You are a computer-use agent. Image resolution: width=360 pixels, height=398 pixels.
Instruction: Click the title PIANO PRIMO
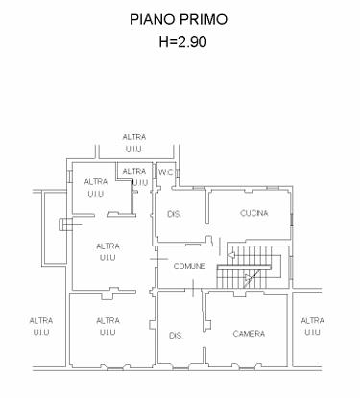[179, 19]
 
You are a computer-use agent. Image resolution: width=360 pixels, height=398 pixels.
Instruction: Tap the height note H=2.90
[182, 41]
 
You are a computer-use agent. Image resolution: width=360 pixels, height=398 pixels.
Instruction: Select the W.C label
[166, 172]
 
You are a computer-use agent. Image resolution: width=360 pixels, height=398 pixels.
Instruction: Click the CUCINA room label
[254, 213]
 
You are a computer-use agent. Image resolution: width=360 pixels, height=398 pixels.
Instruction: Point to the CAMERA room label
[249, 334]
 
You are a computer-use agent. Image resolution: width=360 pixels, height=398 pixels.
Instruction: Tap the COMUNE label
[189, 266]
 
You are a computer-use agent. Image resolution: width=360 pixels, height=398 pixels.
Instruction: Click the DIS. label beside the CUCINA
[174, 214]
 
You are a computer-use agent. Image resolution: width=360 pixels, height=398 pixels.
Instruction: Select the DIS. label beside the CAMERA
[176, 336]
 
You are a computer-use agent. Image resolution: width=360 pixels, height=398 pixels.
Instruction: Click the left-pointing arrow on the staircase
[231, 255]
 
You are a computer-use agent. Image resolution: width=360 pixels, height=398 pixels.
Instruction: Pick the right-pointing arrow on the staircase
[248, 278]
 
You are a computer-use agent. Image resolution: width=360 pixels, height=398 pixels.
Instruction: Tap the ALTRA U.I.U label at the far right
[312, 326]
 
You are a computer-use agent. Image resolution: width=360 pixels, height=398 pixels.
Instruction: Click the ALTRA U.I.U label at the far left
[41, 326]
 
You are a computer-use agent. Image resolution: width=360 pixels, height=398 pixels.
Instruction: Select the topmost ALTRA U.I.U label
[134, 143]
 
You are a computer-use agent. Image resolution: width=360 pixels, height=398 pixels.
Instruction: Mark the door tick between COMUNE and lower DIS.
[193, 288]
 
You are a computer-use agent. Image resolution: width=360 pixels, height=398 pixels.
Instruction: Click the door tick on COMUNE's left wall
[159, 259]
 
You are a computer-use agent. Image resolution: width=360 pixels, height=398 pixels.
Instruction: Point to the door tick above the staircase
[220, 246]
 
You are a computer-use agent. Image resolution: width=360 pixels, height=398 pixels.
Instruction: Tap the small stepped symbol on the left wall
[66, 224]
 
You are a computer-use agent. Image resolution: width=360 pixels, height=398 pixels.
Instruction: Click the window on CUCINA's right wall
[292, 220]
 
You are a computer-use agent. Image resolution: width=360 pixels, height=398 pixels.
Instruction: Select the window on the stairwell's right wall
[290, 268]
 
